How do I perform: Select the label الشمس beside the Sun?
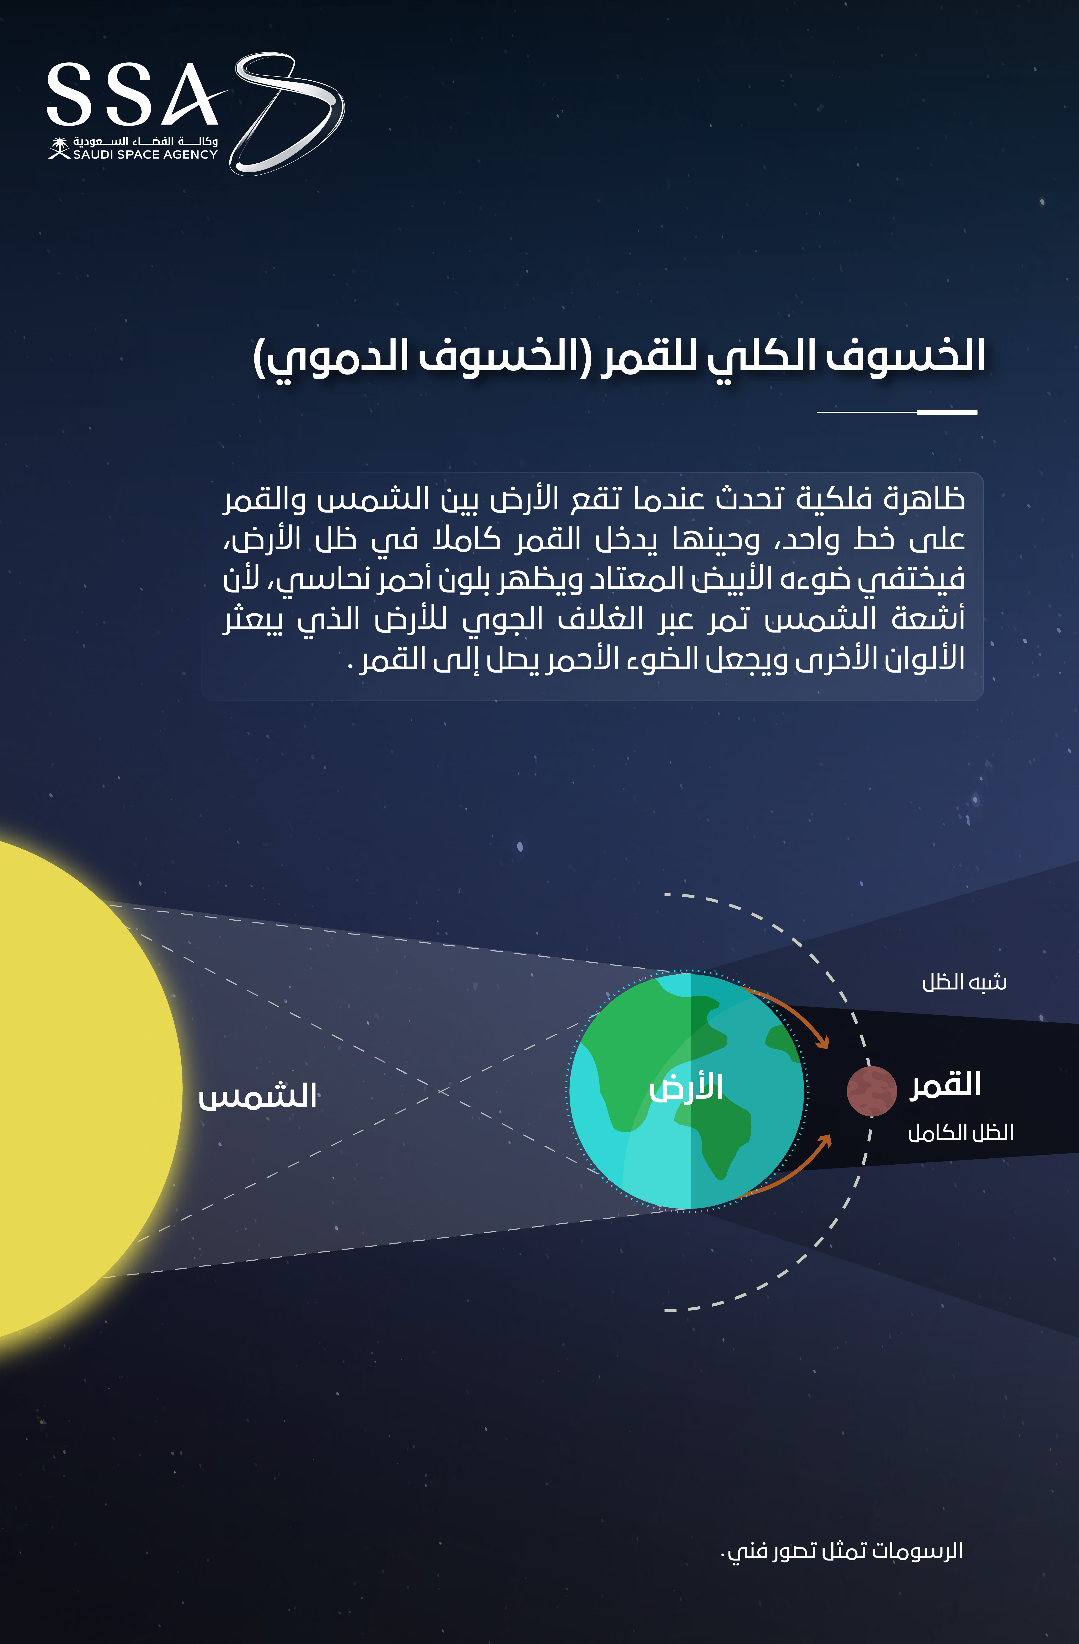(x=257, y=1096)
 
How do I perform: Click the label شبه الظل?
(x=964, y=982)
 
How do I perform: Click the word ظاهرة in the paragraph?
(x=925, y=499)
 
